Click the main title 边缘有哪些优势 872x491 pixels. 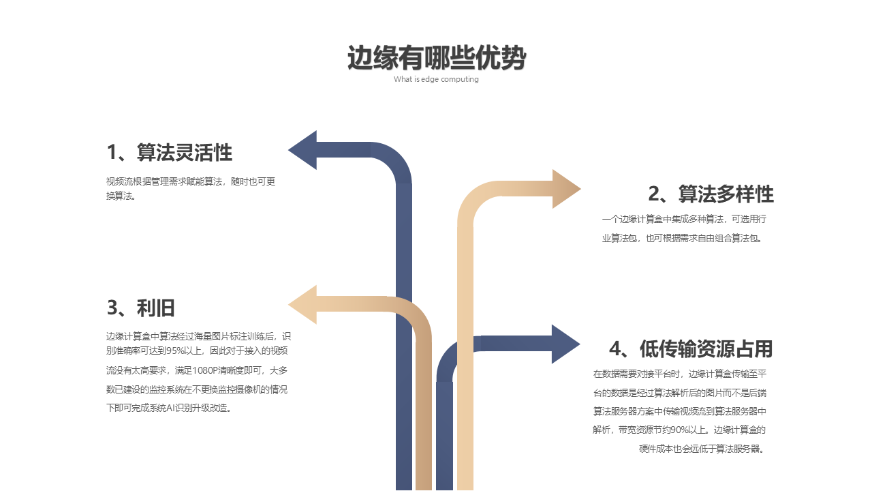point(436,58)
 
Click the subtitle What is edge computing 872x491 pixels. point(436,79)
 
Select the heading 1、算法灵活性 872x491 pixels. point(170,153)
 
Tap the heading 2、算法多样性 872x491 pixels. point(711,194)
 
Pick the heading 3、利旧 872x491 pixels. point(141,308)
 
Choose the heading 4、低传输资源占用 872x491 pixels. point(691,349)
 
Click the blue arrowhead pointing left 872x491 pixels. point(303,150)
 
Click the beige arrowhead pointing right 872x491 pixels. point(565,189)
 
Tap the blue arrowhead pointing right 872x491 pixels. point(565,344)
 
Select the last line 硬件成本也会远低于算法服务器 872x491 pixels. point(702,449)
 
